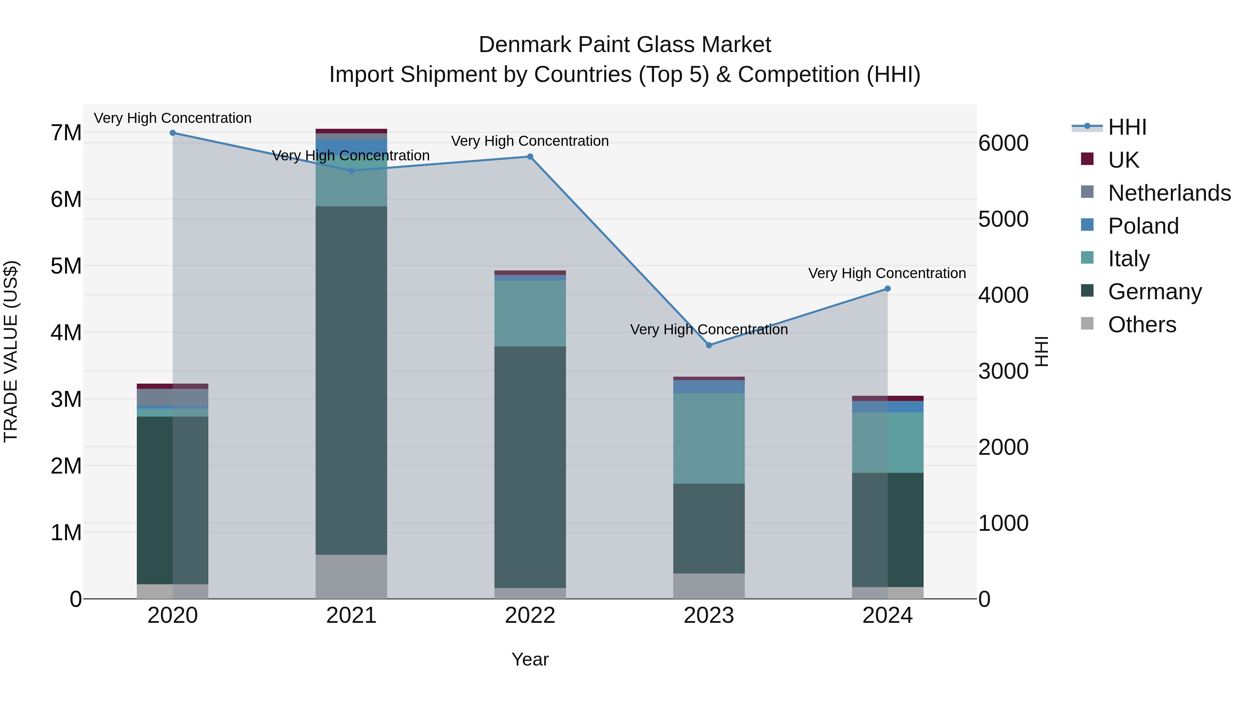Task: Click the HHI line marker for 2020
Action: pyautogui.click(x=173, y=133)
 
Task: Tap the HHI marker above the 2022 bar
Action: pyautogui.click(x=530, y=157)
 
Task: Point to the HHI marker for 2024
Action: pyautogui.click(x=887, y=289)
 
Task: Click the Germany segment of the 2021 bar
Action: pyautogui.click(x=351, y=381)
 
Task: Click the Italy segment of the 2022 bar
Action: pyautogui.click(x=530, y=313)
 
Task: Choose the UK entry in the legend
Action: pyautogui.click(x=1123, y=160)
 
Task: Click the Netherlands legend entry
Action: pyautogui.click(x=1168, y=193)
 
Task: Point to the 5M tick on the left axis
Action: pyautogui.click(x=66, y=266)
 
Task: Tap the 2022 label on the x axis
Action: pyautogui.click(x=530, y=616)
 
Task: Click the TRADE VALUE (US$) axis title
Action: pyautogui.click(x=11, y=351)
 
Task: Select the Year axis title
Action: pyautogui.click(x=530, y=659)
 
